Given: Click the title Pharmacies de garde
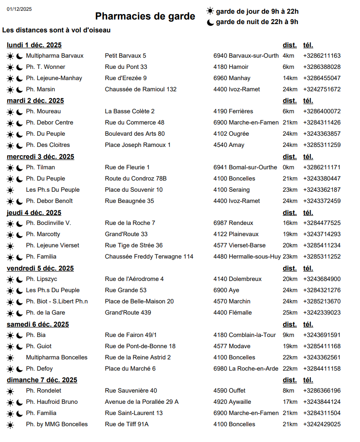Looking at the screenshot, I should [x=145, y=16].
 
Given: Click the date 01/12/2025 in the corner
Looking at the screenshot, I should [x=19, y=9].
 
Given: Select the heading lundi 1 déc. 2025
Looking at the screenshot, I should [x=34, y=45].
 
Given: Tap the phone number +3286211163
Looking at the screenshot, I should [x=322, y=56].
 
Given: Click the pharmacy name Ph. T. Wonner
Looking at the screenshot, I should [x=45, y=67].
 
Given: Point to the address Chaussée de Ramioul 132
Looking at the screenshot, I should [x=140, y=89].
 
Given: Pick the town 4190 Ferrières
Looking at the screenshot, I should [x=233, y=111].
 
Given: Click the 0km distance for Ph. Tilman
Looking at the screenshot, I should [x=288, y=167].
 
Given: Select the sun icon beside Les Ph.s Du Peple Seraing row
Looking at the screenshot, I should [x=10, y=190].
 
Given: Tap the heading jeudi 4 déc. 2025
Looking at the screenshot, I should [x=34, y=212].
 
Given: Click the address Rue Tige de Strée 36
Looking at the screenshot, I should [x=134, y=245].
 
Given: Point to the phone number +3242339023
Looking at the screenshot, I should [x=322, y=313].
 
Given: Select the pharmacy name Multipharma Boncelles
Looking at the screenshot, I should [x=56, y=357].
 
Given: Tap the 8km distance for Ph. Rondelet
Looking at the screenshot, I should [x=288, y=391].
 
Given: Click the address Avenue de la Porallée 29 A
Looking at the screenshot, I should [x=142, y=402].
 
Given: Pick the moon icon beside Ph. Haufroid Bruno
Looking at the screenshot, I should [x=19, y=402].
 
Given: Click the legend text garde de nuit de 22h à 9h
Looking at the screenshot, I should [x=257, y=22].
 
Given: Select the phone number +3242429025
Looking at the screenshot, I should [x=322, y=424].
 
